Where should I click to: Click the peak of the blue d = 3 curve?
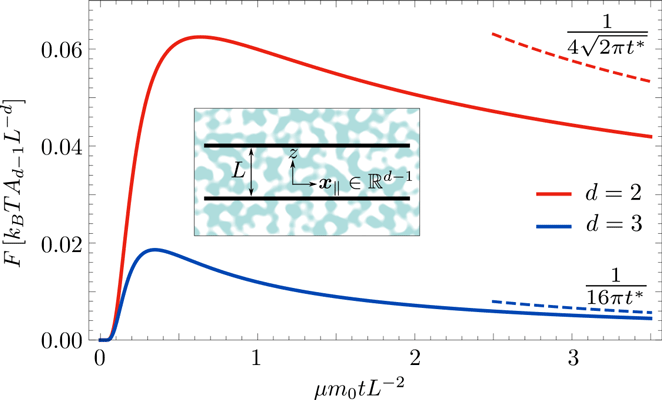(152, 249)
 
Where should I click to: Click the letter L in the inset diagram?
(237, 172)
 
